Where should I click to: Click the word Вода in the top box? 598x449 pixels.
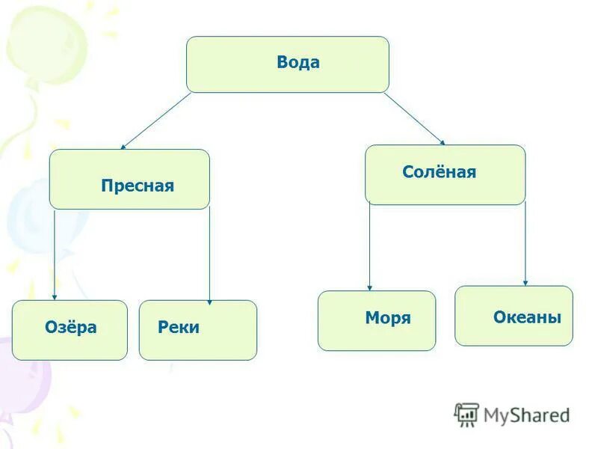[x=298, y=63]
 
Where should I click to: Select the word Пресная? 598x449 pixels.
[x=138, y=186]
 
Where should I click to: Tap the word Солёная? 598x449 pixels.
[x=439, y=172]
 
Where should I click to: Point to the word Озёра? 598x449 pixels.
[x=71, y=327]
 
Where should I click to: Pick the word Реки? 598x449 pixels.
[x=179, y=327]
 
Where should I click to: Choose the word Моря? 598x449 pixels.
[x=388, y=318]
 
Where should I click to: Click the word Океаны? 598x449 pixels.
[x=527, y=317]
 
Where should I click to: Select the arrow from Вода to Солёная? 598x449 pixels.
[x=415, y=118]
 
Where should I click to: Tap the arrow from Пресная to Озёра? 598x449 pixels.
[x=55, y=254]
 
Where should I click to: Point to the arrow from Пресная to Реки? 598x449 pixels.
[x=209, y=254]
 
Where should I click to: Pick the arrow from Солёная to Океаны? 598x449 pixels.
[x=525, y=243]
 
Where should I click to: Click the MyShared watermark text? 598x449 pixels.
[x=526, y=415]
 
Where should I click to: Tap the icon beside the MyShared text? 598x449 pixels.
[x=466, y=414]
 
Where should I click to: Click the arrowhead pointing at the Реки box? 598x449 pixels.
[x=209, y=301]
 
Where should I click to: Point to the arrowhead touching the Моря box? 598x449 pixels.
[x=369, y=287]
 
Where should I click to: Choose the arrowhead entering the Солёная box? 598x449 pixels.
[x=442, y=142]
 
